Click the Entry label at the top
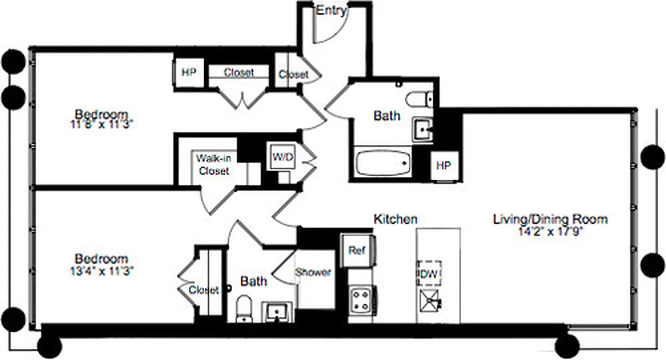click(x=331, y=10)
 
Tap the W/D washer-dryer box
click(x=281, y=157)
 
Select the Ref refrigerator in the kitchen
click(x=357, y=251)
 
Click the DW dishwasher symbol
click(x=429, y=273)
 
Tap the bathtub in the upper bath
click(x=383, y=163)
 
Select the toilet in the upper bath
click(x=418, y=99)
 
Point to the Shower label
click(x=313, y=272)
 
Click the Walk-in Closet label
click(x=214, y=165)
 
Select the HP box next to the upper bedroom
click(x=189, y=72)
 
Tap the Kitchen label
click(x=396, y=219)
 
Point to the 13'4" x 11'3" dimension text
click(x=102, y=271)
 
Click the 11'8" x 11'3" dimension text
click(x=102, y=125)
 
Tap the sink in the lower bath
click(x=276, y=311)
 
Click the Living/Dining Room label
click(x=550, y=220)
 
